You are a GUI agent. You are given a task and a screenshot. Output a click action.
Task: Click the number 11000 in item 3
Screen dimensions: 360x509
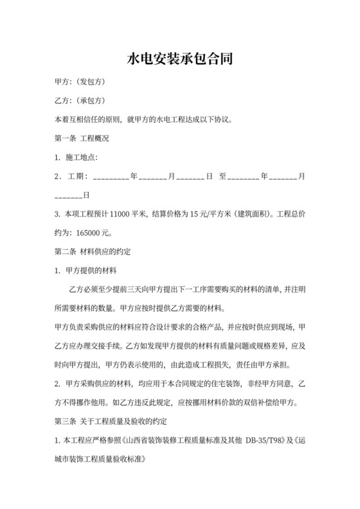[121, 213]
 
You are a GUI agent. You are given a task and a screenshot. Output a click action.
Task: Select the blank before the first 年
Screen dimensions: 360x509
[111, 177]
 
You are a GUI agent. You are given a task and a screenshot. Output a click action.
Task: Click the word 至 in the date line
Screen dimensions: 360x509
[223, 175]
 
